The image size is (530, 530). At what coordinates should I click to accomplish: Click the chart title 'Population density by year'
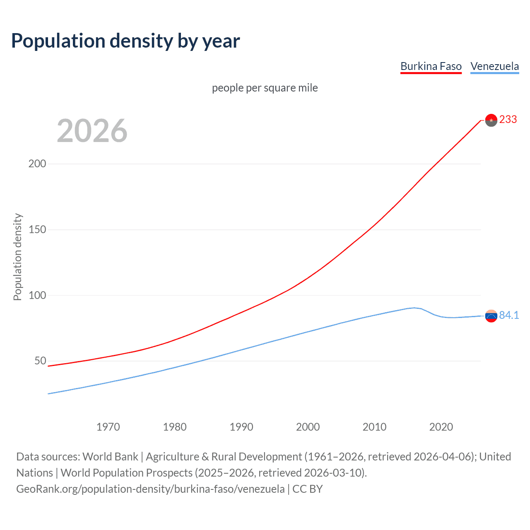click(125, 41)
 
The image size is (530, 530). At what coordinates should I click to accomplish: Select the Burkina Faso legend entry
click(431, 66)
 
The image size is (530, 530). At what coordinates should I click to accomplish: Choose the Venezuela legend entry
click(494, 66)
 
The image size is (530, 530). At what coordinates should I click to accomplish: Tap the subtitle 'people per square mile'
click(265, 88)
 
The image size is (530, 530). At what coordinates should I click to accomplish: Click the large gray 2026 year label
click(92, 131)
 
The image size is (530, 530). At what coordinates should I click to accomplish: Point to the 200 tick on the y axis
click(37, 164)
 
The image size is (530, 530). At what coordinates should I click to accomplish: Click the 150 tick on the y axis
click(37, 229)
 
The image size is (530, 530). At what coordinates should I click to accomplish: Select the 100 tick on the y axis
click(37, 295)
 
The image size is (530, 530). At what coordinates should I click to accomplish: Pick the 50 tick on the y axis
click(40, 361)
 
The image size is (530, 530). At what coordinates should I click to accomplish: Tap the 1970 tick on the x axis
click(108, 427)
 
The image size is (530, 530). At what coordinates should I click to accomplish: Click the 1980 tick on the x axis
click(175, 427)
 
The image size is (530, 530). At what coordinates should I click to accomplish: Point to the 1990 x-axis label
click(241, 427)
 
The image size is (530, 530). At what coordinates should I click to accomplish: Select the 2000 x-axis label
click(308, 427)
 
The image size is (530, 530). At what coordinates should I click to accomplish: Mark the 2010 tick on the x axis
click(374, 427)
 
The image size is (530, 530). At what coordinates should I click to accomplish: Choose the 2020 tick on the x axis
click(441, 427)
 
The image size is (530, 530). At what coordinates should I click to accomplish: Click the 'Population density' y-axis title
click(17, 257)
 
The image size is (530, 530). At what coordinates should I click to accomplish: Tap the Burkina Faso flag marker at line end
click(491, 120)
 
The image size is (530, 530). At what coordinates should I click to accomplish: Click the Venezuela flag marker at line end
click(491, 316)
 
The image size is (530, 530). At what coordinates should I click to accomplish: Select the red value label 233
click(508, 120)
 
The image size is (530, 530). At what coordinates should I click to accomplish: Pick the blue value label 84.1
click(509, 316)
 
